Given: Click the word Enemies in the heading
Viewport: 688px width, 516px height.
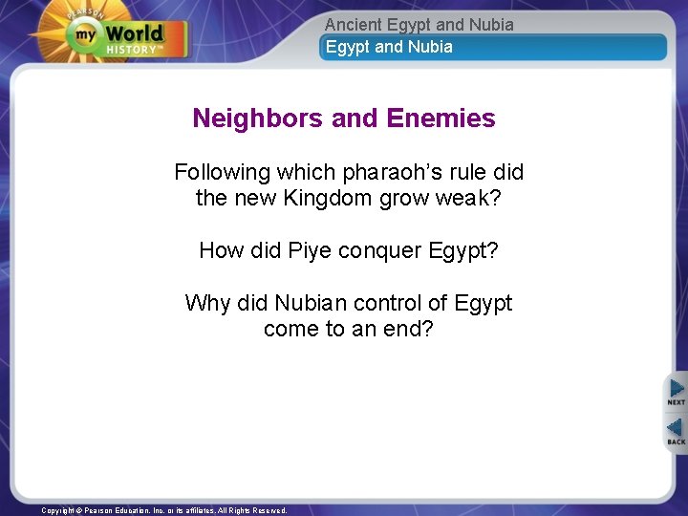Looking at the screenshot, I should pyautogui.click(x=441, y=118).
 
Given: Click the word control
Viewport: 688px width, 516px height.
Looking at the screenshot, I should pyautogui.click(x=388, y=303).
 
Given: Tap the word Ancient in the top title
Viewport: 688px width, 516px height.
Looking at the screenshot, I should pyautogui.click(x=353, y=25).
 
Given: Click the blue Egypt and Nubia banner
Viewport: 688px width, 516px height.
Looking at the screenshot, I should pyautogui.click(x=492, y=47).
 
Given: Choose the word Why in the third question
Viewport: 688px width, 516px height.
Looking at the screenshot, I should pyautogui.click(x=205, y=303).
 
